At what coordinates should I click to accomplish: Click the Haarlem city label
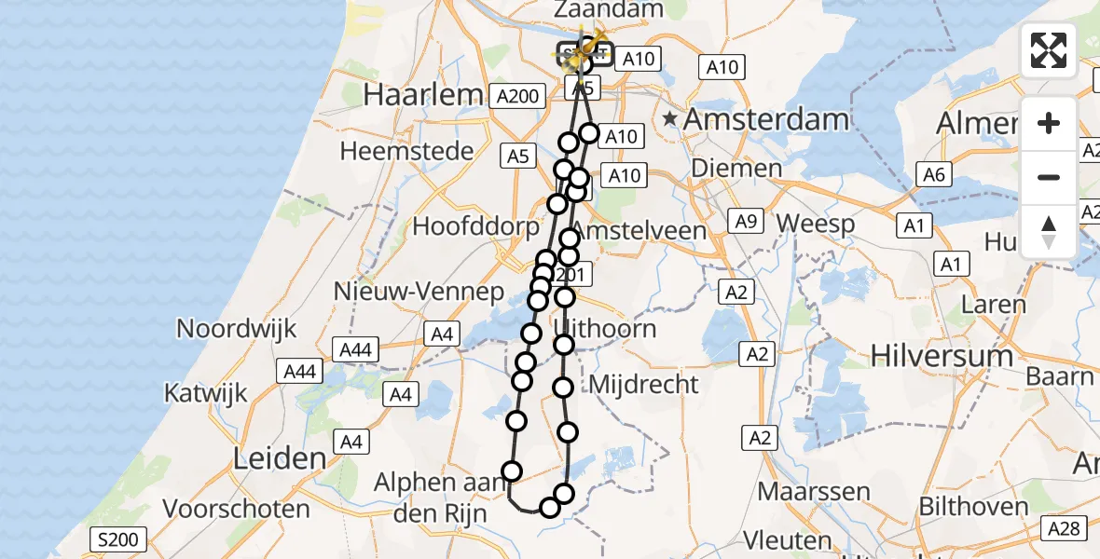[423, 94]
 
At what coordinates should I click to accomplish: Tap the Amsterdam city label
[766, 119]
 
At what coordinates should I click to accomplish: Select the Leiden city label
[281, 458]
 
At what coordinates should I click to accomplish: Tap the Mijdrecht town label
[644, 384]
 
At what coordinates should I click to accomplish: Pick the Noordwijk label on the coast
[237, 328]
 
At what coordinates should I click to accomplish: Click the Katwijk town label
[206, 392]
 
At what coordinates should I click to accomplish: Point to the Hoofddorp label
[476, 226]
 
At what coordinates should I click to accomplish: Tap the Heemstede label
[406, 150]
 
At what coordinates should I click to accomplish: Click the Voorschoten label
[236, 509]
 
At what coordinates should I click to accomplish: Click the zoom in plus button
[1049, 123]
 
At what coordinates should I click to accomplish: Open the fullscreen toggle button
[1049, 50]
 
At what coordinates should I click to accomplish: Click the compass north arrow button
[1049, 231]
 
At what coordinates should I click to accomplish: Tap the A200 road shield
[517, 95]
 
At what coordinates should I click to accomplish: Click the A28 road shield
[1063, 529]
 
